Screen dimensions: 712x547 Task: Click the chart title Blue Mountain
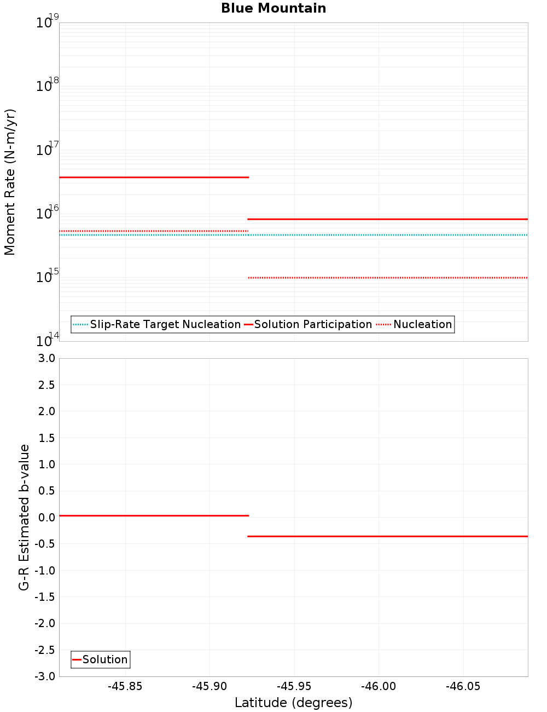pos(273,8)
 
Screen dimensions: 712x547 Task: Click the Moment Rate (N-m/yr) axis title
pos(10,182)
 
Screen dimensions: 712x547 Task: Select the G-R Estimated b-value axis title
pos(24,517)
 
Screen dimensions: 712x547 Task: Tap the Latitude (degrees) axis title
pos(293,703)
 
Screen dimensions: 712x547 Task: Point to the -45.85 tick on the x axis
pos(125,687)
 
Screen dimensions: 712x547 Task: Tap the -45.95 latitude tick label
pos(294,687)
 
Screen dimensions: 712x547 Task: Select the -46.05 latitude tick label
pos(463,687)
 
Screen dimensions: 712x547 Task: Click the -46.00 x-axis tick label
pos(379,687)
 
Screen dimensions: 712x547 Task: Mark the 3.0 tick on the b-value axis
pos(46,358)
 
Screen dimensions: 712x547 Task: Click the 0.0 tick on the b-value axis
pos(46,518)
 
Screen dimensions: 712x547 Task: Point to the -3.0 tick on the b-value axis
pos(44,676)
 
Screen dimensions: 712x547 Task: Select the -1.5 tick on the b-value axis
pos(44,597)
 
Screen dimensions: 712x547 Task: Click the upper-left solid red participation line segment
pos(153,177)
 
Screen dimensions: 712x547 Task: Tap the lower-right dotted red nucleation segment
pos(388,278)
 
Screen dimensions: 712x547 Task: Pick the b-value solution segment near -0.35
pos(388,536)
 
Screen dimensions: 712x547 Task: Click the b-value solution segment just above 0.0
pos(153,515)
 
